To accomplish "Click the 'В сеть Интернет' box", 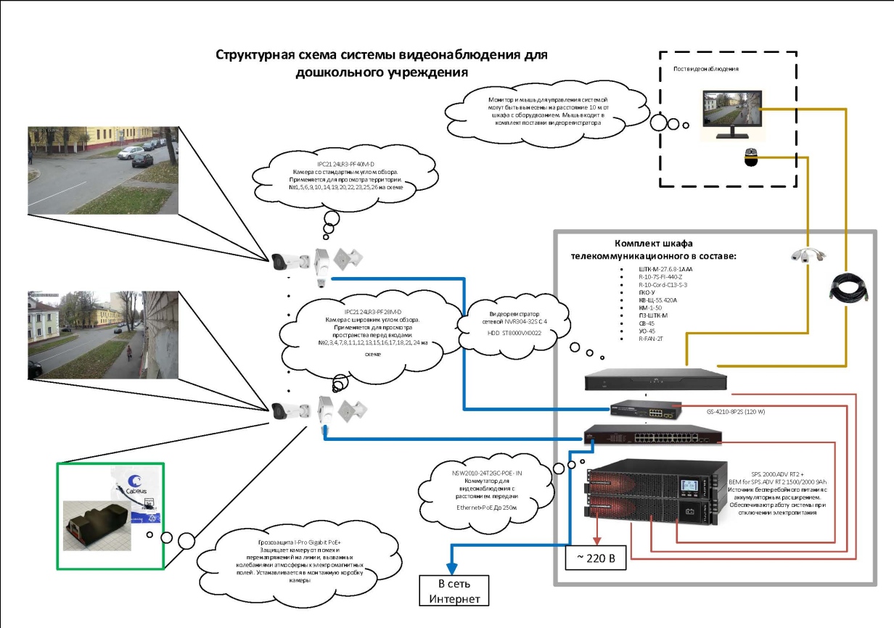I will pyautogui.click(x=454, y=590).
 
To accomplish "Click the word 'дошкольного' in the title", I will pyautogui.click(x=336, y=73).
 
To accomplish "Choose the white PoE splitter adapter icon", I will pyautogui.click(x=807, y=257).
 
